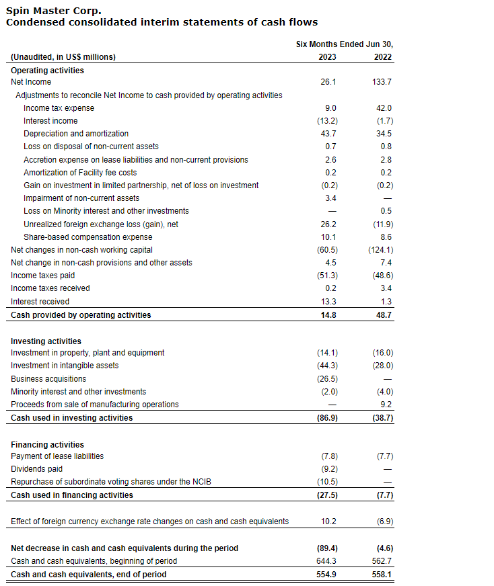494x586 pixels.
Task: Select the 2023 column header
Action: coord(327,57)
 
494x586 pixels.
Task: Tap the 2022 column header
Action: coord(383,57)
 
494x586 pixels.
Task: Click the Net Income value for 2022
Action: coord(382,82)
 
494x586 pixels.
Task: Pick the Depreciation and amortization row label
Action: coord(76,134)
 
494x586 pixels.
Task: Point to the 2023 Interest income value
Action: coord(327,121)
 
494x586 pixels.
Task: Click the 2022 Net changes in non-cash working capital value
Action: coord(380,250)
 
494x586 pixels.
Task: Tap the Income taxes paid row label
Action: coord(43,276)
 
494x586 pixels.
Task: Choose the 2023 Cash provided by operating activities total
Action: coord(328,315)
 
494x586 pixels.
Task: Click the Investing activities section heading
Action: coord(46,341)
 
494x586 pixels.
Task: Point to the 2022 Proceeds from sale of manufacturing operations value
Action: coord(386,405)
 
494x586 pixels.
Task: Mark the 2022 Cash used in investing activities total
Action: coord(382,418)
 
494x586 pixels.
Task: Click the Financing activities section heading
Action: coord(48,445)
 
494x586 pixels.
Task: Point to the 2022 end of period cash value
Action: coord(382,575)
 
